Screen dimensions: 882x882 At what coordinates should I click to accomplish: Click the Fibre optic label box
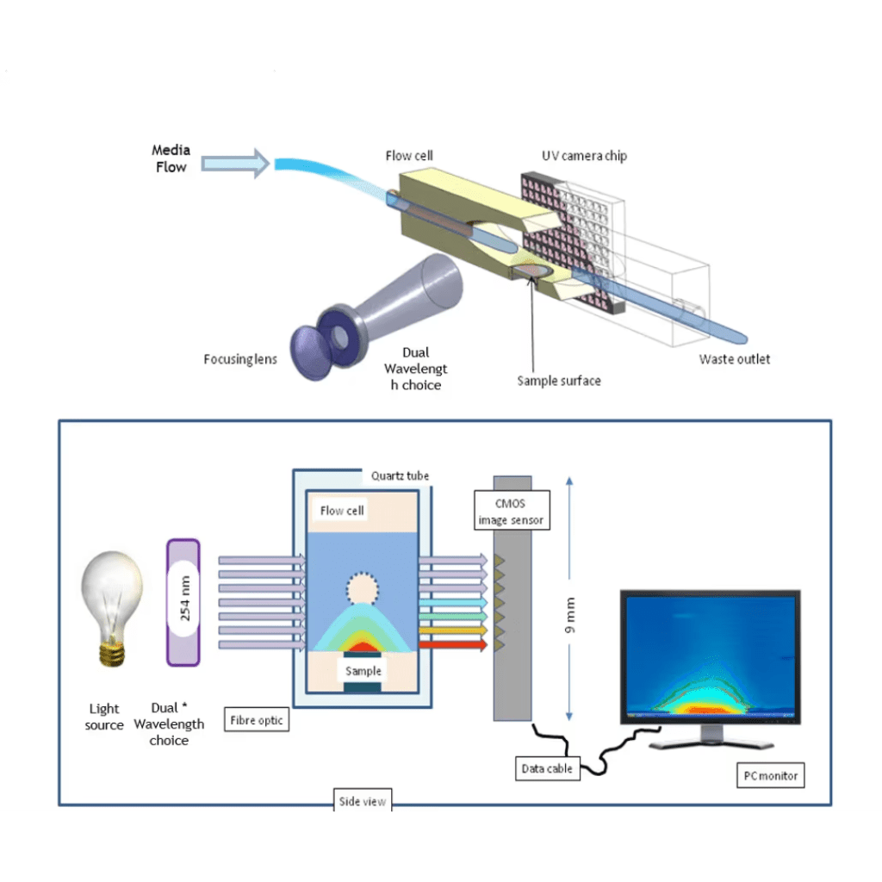(x=256, y=720)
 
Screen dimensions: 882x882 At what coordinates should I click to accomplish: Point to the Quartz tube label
(x=400, y=475)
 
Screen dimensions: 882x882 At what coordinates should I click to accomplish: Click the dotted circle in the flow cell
(x=362, y=589)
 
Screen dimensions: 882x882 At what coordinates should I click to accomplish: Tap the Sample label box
(x=363, y=670)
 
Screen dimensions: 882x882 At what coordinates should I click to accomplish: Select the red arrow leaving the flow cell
(x=453, y=644)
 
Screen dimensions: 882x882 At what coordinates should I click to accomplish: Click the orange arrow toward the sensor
(x=453, y=630)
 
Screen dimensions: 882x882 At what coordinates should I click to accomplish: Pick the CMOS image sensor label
(x=512, y=509)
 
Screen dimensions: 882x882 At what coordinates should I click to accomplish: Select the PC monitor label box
(x=771, y=775)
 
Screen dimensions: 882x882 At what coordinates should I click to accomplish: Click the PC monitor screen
(x=709, y=655)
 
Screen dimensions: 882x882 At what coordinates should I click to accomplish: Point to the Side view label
(x=363, y=802)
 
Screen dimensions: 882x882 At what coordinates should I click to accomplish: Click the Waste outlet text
(x=734, y=359)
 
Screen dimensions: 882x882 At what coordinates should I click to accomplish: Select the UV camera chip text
(x=584, y=156)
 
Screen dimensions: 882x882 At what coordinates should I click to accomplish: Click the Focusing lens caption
(x=240, y=359)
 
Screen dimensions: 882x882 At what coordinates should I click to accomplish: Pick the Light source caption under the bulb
(x=104, y=717)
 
